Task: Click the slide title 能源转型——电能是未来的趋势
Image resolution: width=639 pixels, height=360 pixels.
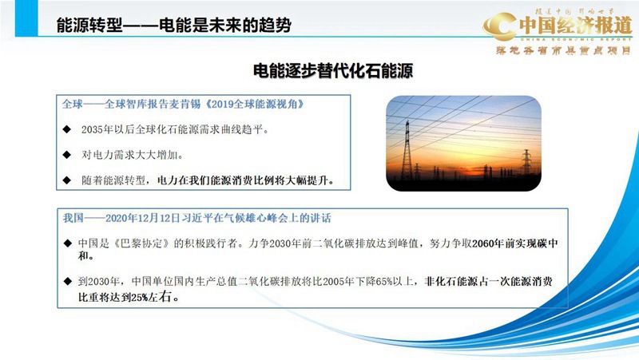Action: click(x=173, y=26)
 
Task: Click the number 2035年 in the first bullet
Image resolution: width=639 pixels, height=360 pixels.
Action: click(x=98, y=129)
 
